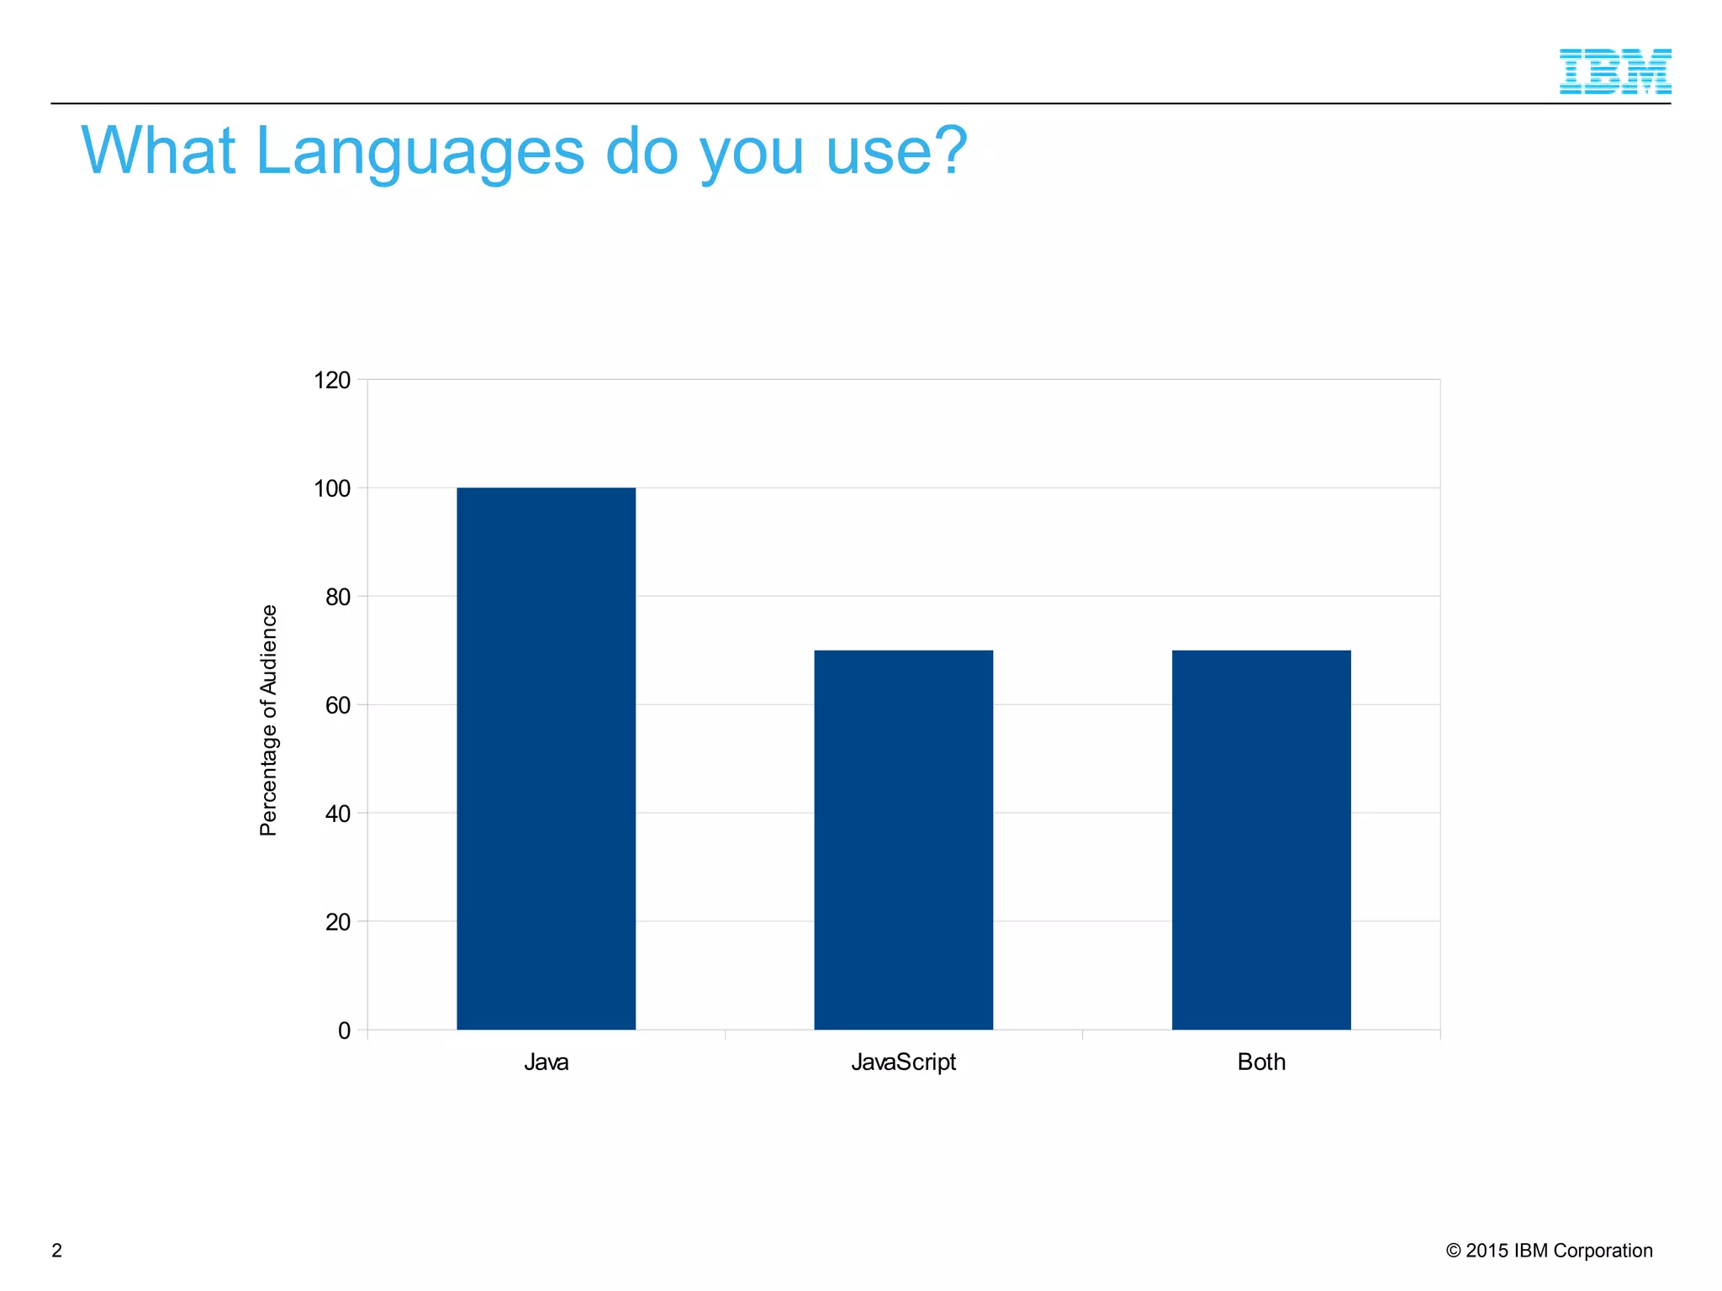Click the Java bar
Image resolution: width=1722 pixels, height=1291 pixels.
546,758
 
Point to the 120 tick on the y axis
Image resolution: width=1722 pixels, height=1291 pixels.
332,380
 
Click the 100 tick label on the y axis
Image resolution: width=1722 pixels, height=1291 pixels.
332,488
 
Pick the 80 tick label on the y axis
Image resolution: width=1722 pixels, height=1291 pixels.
337,597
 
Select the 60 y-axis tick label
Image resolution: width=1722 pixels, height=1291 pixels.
337,705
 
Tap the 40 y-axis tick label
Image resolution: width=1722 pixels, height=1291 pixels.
337,814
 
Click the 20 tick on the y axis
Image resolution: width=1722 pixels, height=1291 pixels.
337,922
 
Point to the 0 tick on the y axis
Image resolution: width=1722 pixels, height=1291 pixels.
344,1030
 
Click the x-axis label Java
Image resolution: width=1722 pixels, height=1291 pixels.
546,1062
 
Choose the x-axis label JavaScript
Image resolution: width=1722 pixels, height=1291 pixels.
903,1062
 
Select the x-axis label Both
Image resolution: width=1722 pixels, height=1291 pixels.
1261,1062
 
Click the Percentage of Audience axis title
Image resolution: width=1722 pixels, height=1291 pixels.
268,720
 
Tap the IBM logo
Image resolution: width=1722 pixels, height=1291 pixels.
1614,71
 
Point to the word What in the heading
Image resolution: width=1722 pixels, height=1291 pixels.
158,151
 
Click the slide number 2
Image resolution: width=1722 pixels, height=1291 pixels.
57,1251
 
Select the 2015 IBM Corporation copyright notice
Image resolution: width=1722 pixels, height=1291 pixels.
1549,1251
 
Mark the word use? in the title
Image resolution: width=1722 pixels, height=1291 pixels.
896,151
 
